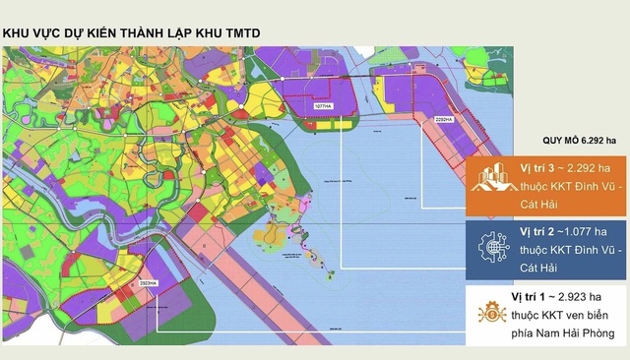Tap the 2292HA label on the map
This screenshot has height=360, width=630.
442,118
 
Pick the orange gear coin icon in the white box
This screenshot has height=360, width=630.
490,314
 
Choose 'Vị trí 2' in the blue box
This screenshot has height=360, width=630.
539,230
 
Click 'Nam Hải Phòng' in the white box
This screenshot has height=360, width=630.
578,333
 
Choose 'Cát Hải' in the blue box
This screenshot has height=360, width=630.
547,266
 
